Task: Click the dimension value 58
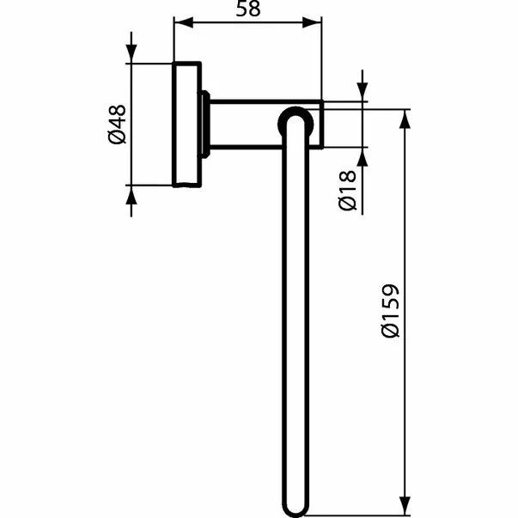[247, 10]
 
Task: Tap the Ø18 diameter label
[346, 191]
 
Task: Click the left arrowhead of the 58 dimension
[180, 25]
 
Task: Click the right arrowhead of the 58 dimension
[315, 25]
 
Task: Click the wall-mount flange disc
[187, 124]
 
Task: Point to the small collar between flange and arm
[205, 124]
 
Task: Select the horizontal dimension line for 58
[247, 25]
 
